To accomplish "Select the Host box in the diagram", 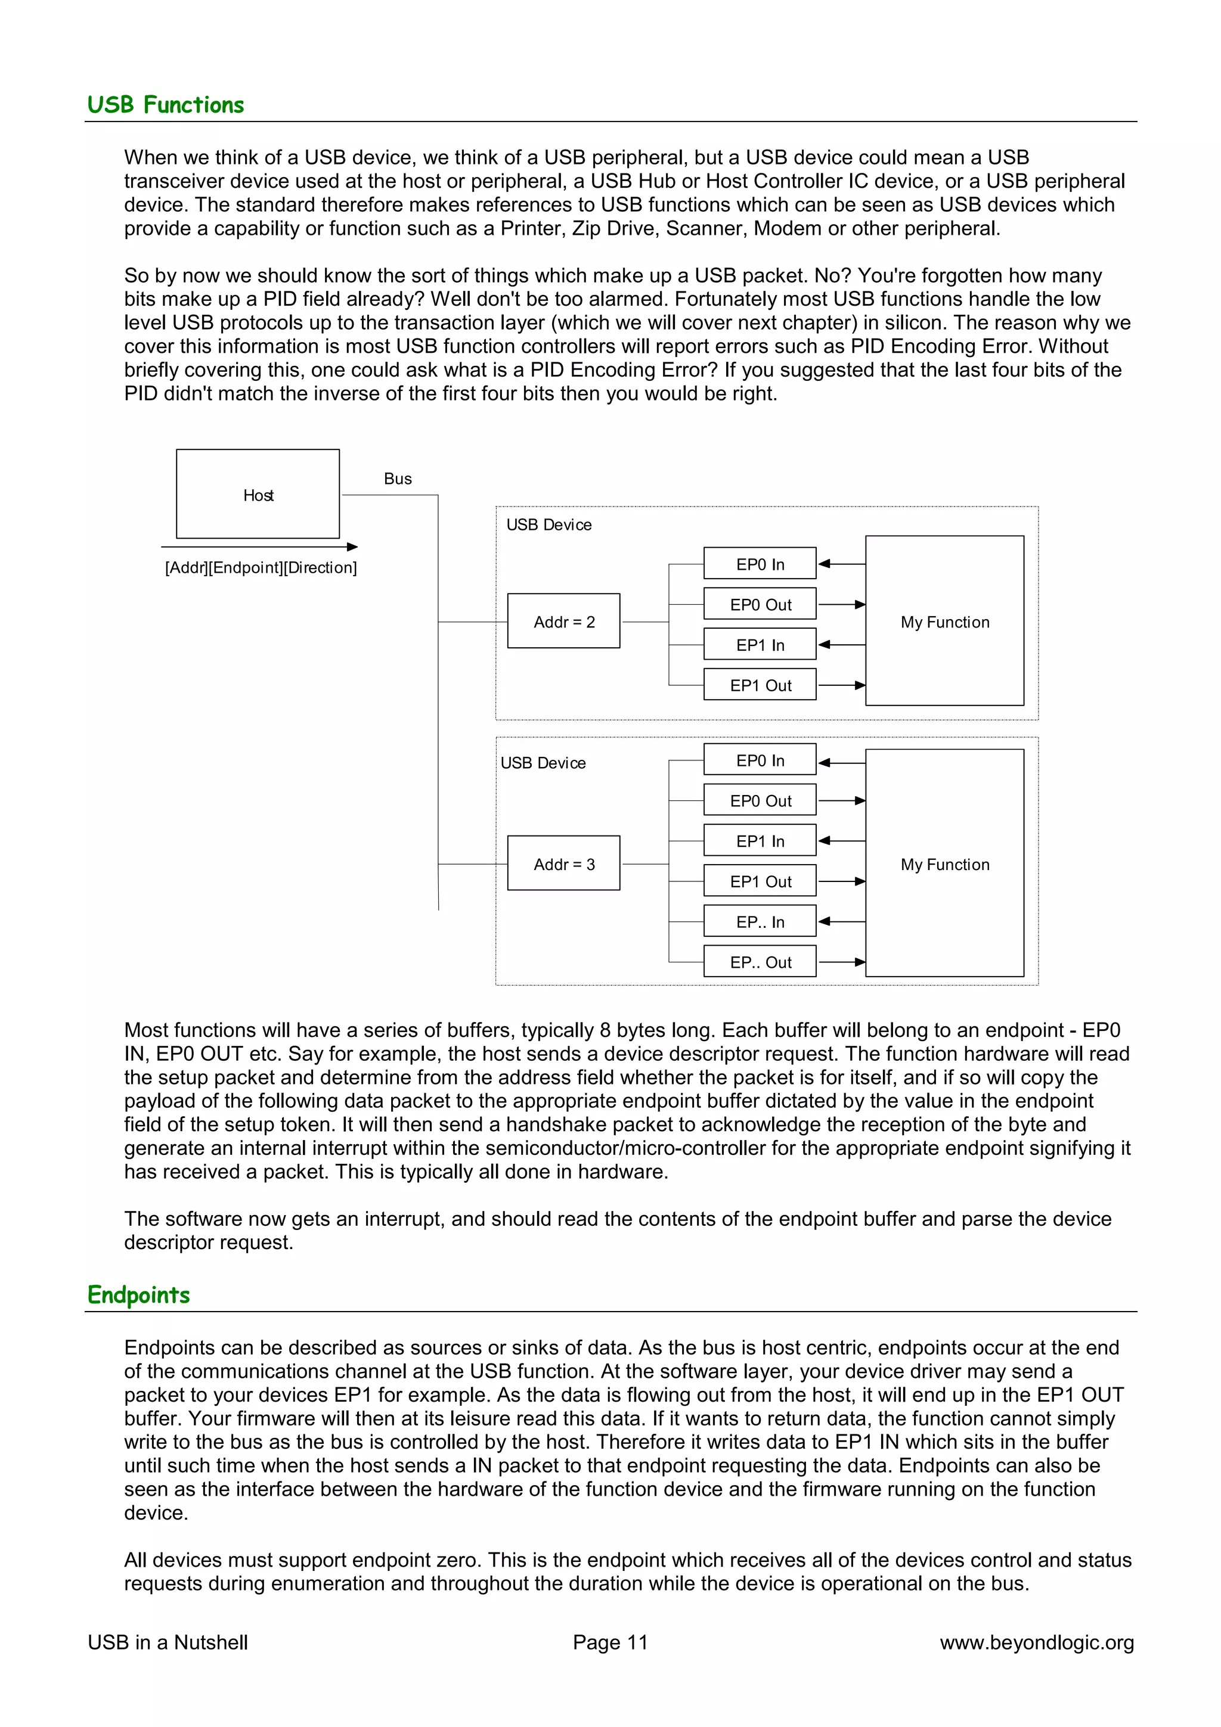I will pos(258,494).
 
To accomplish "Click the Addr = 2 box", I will pos(563,622).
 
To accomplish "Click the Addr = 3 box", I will pos(563,864).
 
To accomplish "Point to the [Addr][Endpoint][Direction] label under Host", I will pos(261,567).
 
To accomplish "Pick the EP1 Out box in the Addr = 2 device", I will pos(760,685).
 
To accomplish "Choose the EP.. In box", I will pos(760,921).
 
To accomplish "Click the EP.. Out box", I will pos(760,961).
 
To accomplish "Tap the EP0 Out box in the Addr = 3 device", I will pos(760,800).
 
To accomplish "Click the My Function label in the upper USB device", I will pos(945,622).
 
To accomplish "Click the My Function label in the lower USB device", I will pos(945,864).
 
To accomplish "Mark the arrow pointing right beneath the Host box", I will pos(259,547).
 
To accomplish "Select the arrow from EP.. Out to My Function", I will pos(841,961).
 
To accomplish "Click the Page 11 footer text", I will pos(609,1642).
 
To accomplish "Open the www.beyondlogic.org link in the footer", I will pos(1036,1642).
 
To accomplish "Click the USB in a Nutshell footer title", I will pos(168,1642).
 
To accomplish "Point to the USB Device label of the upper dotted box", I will pos(548,524).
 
